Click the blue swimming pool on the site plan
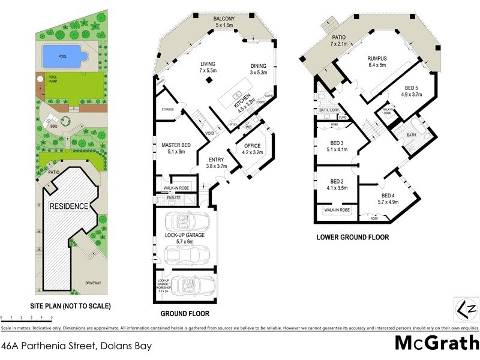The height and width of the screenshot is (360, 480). [x=62, y=56]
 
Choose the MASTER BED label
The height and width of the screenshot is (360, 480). [x=176, y=145]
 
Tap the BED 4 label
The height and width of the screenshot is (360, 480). [x=388, y=196]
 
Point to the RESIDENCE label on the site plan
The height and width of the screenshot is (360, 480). [x=69, y=206]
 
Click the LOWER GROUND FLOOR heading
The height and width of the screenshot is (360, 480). [x=352, y=237]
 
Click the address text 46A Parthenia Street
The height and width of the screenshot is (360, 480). [x=76, y=346]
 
